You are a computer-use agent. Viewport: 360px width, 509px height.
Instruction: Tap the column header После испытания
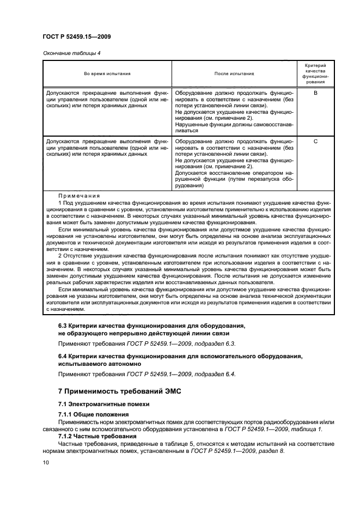[x=234, y=73]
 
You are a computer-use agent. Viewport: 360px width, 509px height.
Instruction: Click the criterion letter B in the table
[x=315, y=93]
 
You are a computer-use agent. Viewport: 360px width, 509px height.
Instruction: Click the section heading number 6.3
[x=64, y=326]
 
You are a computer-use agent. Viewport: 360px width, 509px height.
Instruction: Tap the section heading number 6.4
[x=64, y=356]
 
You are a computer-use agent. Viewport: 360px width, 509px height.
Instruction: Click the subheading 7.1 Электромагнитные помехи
[x=103, y=404]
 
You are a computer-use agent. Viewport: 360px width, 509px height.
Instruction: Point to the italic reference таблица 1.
[x=308, y=429]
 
